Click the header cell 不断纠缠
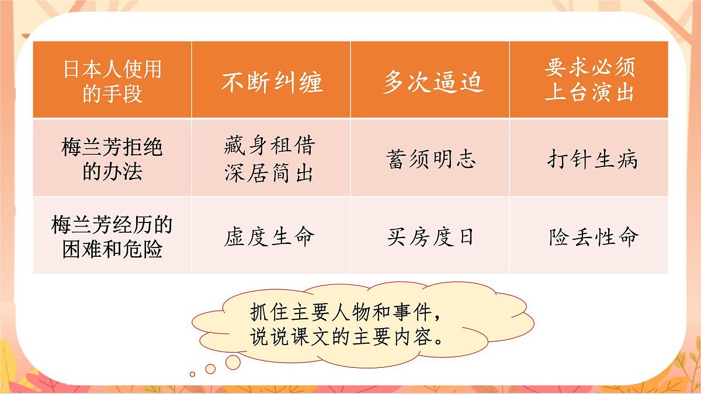click(271, 82)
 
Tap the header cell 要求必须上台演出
click(589, 80)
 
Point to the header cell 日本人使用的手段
click(112, 81)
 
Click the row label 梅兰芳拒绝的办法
click(112, 159)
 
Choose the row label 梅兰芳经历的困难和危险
click(112, 236)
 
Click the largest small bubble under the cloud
click(232, 362)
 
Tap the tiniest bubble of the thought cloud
click(192, 374)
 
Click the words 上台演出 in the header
click(589, 92)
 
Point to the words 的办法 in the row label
click(112, 173)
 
